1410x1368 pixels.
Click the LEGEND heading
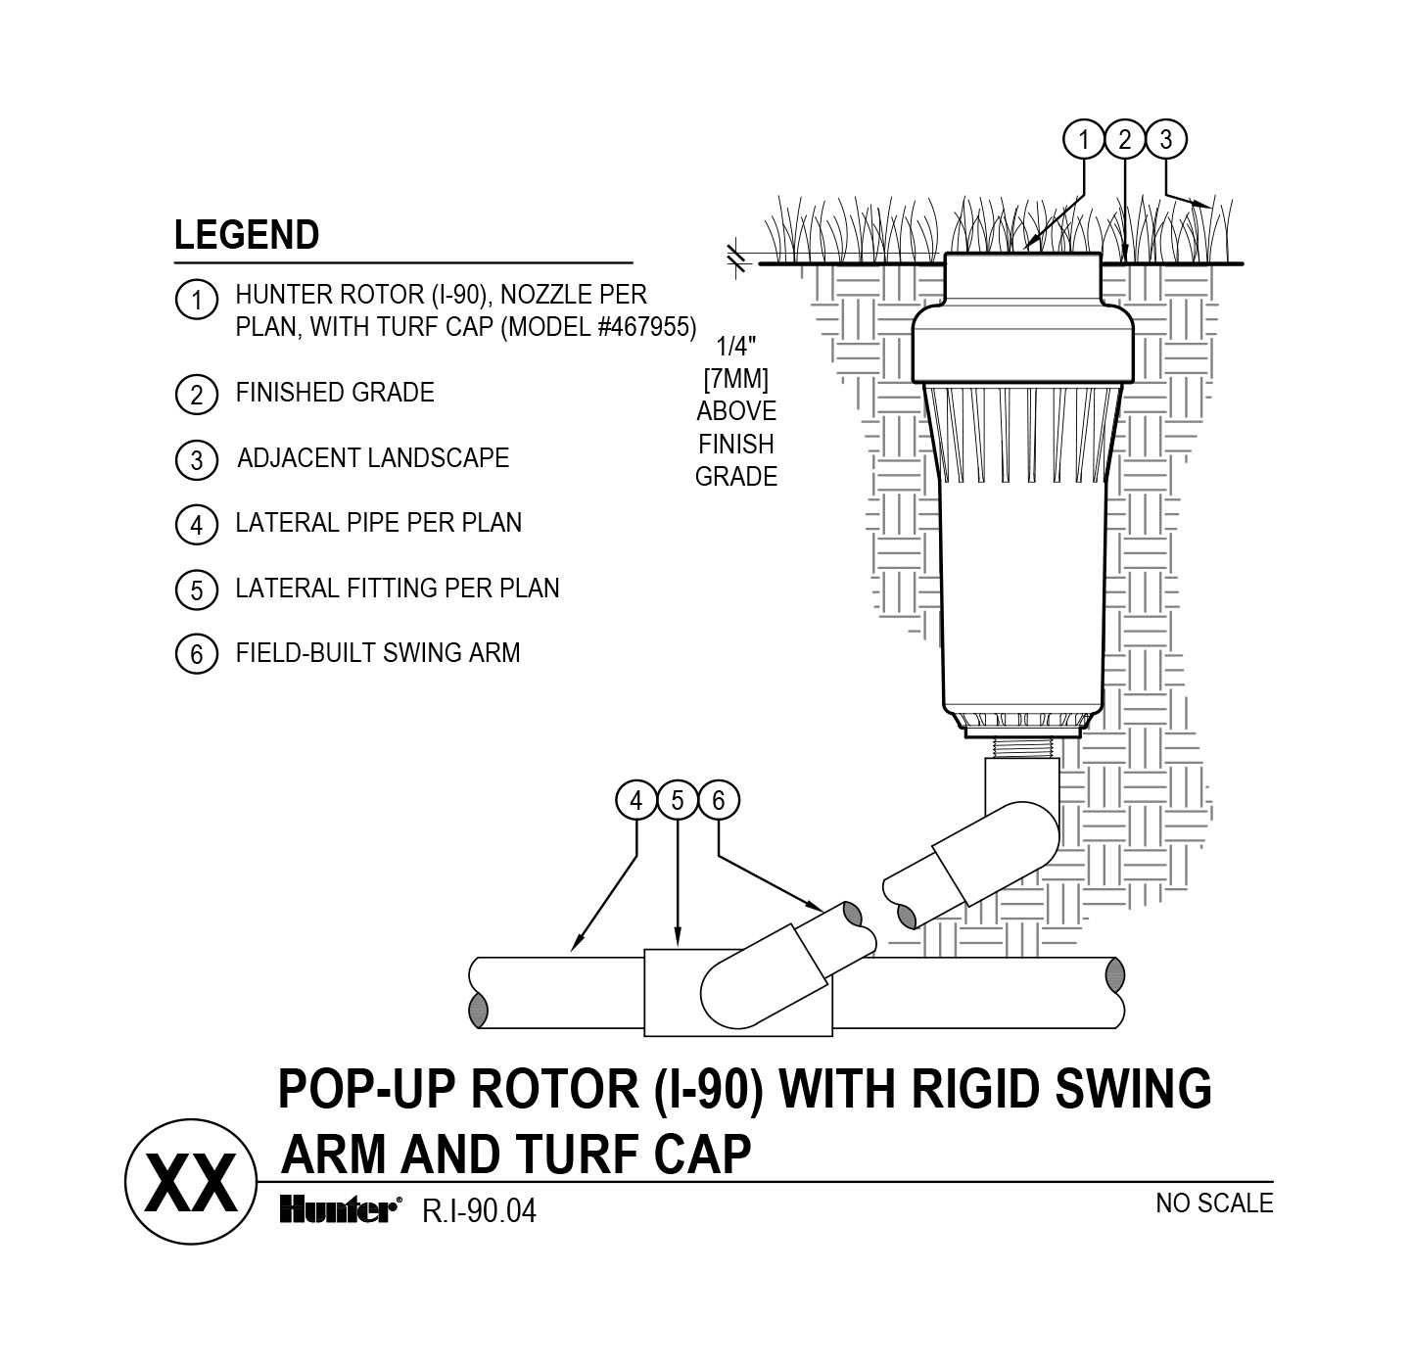(247, 236)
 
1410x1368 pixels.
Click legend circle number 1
(196, 299)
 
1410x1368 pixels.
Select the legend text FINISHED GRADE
(335, 393)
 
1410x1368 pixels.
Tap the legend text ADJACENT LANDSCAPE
(373, 458)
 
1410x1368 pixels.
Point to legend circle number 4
(196, 525)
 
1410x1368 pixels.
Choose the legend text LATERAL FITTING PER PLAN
(398, 589)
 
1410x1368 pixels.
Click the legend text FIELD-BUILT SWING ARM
(378, 653)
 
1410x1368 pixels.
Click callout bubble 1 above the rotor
(1083, 140)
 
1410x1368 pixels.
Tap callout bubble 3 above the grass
(1165, 140)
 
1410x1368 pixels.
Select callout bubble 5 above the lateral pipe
(678, 801)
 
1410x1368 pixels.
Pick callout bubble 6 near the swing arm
(719, 801)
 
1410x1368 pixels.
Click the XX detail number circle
(191, 1184)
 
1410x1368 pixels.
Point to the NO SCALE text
(1214, 1203)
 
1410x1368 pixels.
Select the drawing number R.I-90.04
(480, 1212)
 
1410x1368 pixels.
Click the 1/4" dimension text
(736, 346)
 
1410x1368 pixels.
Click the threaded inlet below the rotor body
(1021, 748)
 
